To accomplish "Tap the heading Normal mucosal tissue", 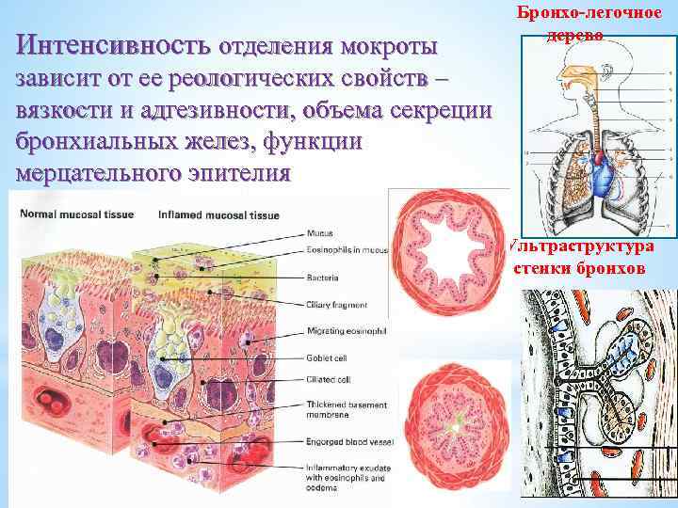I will (x=76, y=215).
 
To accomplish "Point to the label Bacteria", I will (x=324, y=278).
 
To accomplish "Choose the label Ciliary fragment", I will (x=337, y=305).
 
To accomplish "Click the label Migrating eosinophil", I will (x=345, y=331).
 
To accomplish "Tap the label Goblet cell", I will (x=326, y=358).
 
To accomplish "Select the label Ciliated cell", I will (x=328, y=380).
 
